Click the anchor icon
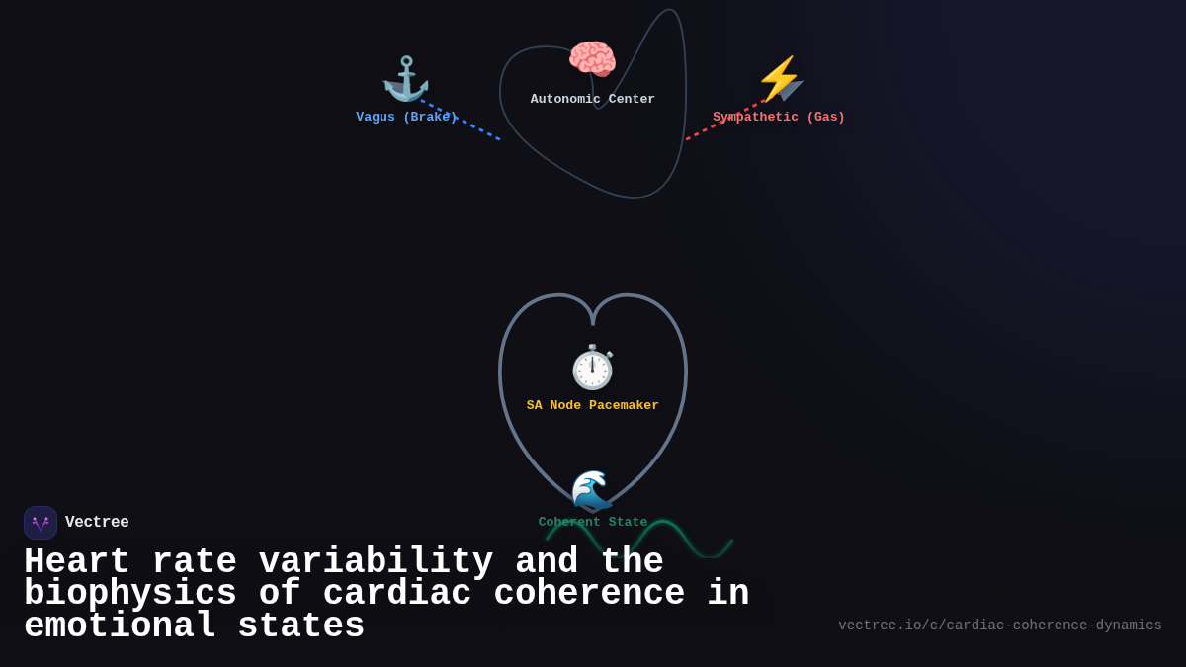click(406, 79)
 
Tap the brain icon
click(592, 60)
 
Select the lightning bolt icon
click(779, 79)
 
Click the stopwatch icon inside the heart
click(592, 368)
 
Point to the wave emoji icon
click(592, 490)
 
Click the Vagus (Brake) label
click(406, 117)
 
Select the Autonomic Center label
click(592, 99)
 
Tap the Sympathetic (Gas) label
click(779, 117)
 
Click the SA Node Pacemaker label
click(592, 405)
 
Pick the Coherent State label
click(592, 522)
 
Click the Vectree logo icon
click(41, 523)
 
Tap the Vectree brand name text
click(97, 523)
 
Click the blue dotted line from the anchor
click(465, 122)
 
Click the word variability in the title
click(376, 562)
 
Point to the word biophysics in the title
click(129, 594)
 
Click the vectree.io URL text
click(999, 625)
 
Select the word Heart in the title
click(76, 562)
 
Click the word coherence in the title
click(589, 594)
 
